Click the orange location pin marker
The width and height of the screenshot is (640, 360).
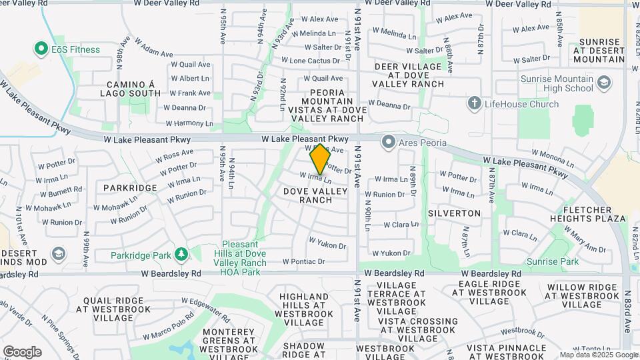[x=320, y=157]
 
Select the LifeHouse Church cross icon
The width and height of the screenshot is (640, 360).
[x=474, y=103]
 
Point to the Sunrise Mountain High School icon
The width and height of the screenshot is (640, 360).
[x=604, y=83]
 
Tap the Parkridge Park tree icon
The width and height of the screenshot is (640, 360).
[x=181, y=254]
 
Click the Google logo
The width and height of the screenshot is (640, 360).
[x=22, y=352]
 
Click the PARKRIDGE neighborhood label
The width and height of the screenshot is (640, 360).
[x=130, y=188]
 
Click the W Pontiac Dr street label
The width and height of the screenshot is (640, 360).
[x=305, y=261]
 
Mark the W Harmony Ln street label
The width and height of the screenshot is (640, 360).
[x=189, y=123]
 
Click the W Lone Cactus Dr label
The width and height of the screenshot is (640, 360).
[x=315, y=61]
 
